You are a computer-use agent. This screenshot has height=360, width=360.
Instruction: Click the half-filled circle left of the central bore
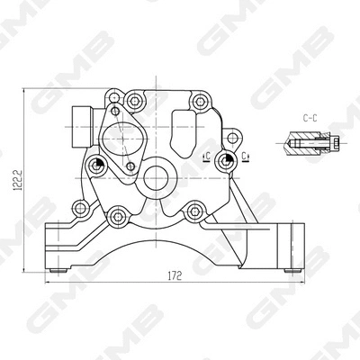pos(95,162)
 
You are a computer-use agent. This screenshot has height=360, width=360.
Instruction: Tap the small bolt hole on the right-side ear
pos(236,137)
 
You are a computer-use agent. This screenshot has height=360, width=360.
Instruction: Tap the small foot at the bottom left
pos(58,267)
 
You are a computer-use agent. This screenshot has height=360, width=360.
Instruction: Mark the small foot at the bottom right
pos(289,267)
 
